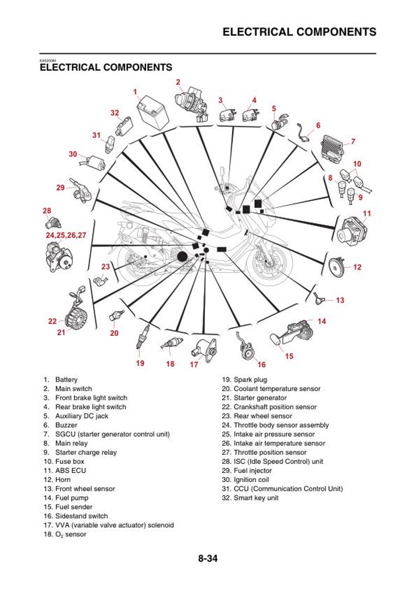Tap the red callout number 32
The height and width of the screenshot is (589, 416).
115,113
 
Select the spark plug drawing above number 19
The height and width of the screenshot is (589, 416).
144,336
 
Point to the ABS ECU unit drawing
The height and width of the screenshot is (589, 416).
352,232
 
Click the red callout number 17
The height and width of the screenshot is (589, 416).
194,364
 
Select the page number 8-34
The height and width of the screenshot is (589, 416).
207,559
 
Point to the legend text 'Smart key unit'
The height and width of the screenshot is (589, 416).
256,498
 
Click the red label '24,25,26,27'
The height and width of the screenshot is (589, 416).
65,235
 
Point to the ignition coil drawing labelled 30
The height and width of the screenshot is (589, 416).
94,162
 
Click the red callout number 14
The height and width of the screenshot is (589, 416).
322,321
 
